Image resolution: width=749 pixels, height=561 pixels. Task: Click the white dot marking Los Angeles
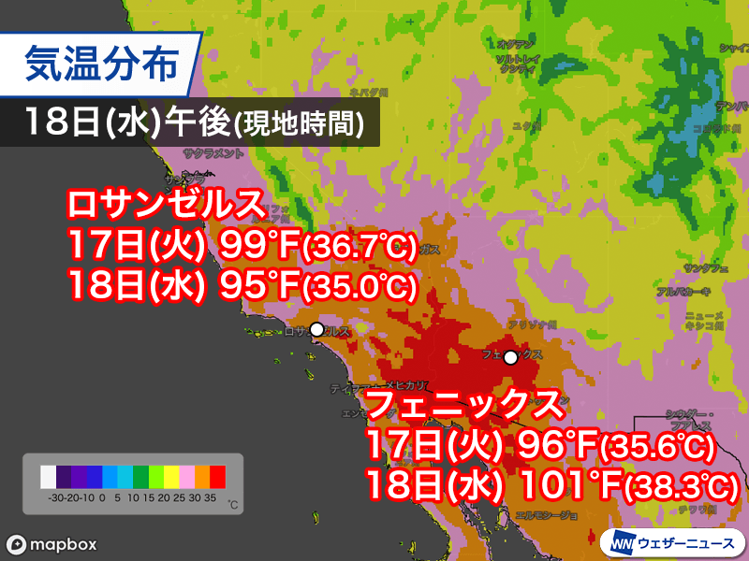tap(317, 329)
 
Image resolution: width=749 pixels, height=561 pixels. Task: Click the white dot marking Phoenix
tap(510, 357)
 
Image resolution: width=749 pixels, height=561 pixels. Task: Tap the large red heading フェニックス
tap(465, 404)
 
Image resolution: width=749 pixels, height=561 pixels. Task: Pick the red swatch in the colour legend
tap(217, 477)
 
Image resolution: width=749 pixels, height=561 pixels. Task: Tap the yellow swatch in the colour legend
tap(171, 477)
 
